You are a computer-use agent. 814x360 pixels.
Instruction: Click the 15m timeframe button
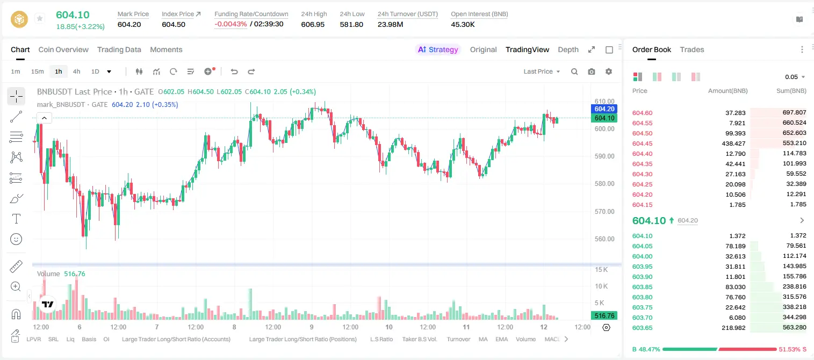tap(38, 71)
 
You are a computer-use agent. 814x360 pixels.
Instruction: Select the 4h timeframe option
tap(76, 71)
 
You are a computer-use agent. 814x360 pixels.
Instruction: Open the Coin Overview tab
tap(63, 49)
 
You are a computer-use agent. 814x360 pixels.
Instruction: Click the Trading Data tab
tap(119, 49)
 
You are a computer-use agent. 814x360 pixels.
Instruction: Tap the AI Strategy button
tap(438, 49)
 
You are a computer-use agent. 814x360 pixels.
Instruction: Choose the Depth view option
tap(568, 49)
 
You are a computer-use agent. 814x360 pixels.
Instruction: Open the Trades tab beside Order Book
tap(692, 49)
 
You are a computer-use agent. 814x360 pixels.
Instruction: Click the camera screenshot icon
tap(592, 71)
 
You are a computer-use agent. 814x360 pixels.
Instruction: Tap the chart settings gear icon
tap(609, 71)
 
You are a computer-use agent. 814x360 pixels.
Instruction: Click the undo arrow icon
tap(234, 71)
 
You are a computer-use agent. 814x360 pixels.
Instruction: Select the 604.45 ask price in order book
tap(642, 143)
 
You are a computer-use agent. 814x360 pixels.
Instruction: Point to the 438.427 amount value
tap(733, 143)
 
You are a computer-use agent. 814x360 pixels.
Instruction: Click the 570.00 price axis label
tap(604, 211)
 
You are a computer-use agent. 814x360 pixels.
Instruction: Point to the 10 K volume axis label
tap(601, 286)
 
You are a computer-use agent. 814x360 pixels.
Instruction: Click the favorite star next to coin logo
tap(40, 18)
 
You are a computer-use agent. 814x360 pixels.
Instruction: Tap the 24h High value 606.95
tap(313, 24)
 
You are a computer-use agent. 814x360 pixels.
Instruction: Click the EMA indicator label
tap(501, 339)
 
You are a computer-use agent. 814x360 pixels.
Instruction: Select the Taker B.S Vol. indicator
tap(419, 339)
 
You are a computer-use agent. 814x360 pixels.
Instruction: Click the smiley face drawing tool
tap(16, 239)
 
